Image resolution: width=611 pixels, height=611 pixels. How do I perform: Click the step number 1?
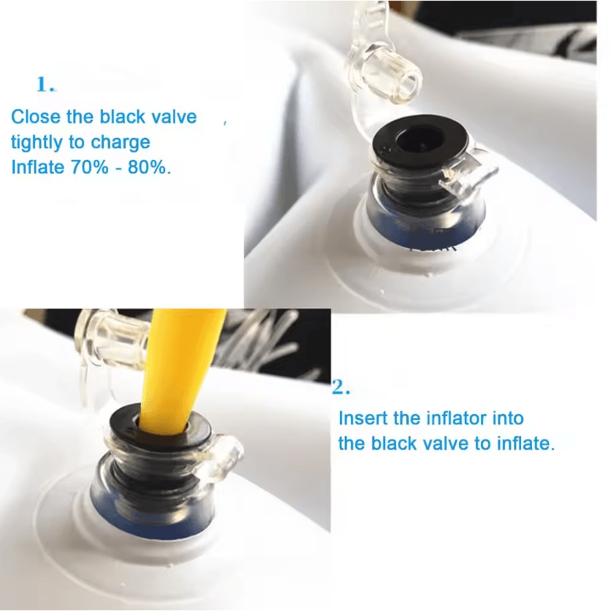(46, 84)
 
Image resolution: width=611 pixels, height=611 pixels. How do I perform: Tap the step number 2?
(341, 387)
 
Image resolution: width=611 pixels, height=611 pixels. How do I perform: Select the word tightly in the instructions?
(37, 142)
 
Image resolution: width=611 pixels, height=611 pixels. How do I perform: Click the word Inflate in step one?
(38, 167)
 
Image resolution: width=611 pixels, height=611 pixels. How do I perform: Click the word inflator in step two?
(455, 418)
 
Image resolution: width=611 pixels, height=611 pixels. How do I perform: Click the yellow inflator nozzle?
(178, 370)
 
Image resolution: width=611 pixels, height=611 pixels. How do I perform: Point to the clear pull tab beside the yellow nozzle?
(218, 456)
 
